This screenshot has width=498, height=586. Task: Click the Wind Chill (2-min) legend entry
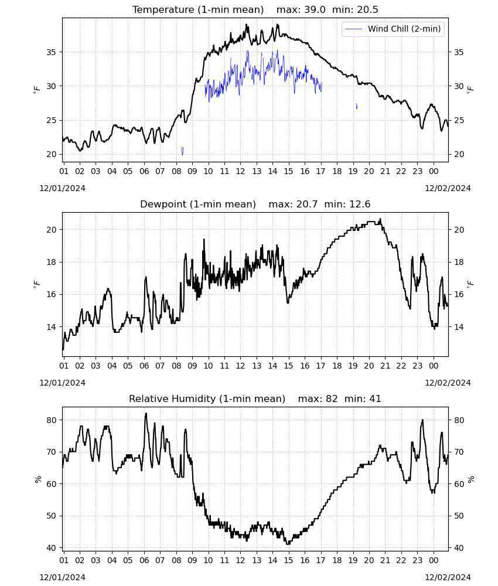(x=393, y=29)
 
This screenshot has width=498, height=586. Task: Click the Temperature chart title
(x=255, y=9)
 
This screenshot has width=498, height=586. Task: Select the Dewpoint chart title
(x=255, y=204)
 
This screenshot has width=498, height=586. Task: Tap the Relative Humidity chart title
(x=255, y=398)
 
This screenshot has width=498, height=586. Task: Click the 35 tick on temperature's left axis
(x=51, y=52)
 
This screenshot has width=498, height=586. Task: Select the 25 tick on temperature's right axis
(x=459, y=120)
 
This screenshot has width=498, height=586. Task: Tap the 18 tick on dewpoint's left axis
(x=51, y=262)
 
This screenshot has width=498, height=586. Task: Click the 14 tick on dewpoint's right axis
(x=459, y=327)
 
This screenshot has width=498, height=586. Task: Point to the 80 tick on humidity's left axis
(x=51, y=420)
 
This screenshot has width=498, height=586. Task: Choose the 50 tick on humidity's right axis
(x=459, y=516)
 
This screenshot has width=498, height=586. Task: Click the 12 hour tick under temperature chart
(x=240, y=171)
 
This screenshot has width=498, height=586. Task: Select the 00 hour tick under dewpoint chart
(x=434, y=366)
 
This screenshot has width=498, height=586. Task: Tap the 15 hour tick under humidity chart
(x=288, y=560)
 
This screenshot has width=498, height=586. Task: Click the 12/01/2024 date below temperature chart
(x=62, y=188)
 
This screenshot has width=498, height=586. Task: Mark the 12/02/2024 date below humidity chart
(x=448, y=577)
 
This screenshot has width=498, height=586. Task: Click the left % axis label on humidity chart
(x=37, y=479)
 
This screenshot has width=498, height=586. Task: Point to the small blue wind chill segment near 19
(x=356, y=106)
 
